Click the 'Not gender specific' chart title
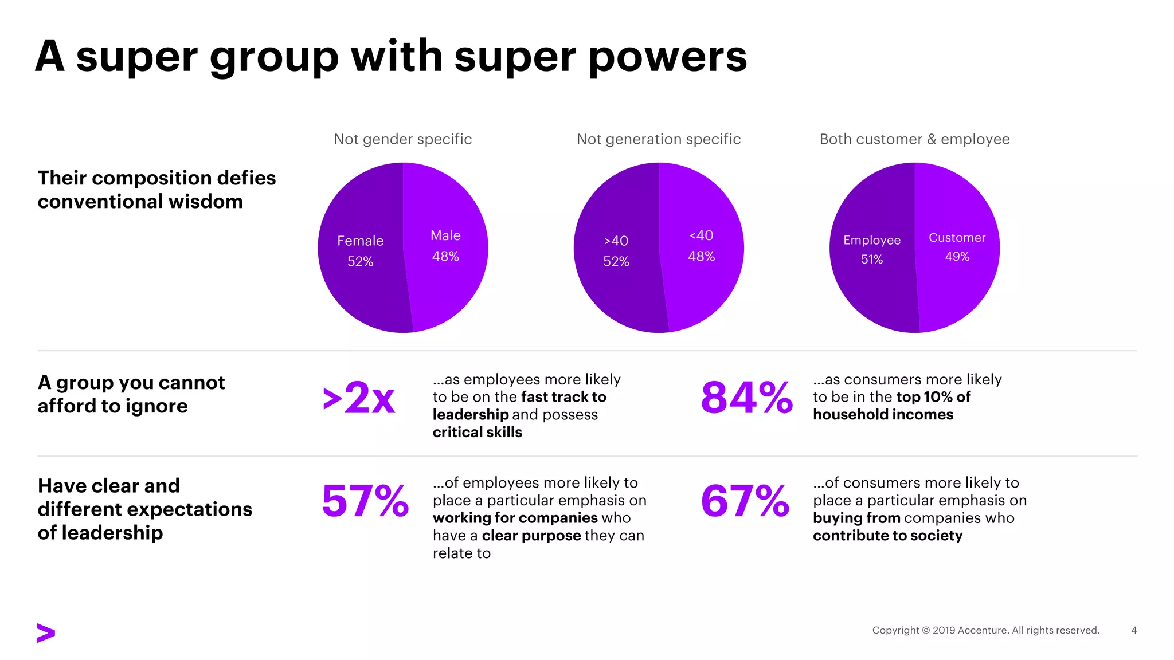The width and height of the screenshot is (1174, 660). tap(403, 139)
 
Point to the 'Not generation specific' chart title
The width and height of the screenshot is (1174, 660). tap(659, 139)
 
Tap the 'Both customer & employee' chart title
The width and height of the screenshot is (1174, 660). tap(914, 139)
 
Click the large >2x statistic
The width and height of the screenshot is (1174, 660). tap(359, 398)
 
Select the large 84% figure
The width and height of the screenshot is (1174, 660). tap(746, 398)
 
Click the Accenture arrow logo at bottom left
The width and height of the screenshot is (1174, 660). tap(46, 632)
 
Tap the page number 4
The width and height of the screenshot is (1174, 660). tap(1133, 630)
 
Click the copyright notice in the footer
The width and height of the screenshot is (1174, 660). tap(985, 630)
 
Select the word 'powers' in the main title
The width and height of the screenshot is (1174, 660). tap(668, 57)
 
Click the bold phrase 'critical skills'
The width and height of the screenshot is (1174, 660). tap(477, 432)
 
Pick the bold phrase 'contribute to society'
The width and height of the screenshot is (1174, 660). tap(887, 536)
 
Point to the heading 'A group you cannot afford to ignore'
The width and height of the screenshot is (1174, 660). tap(131, 394)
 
